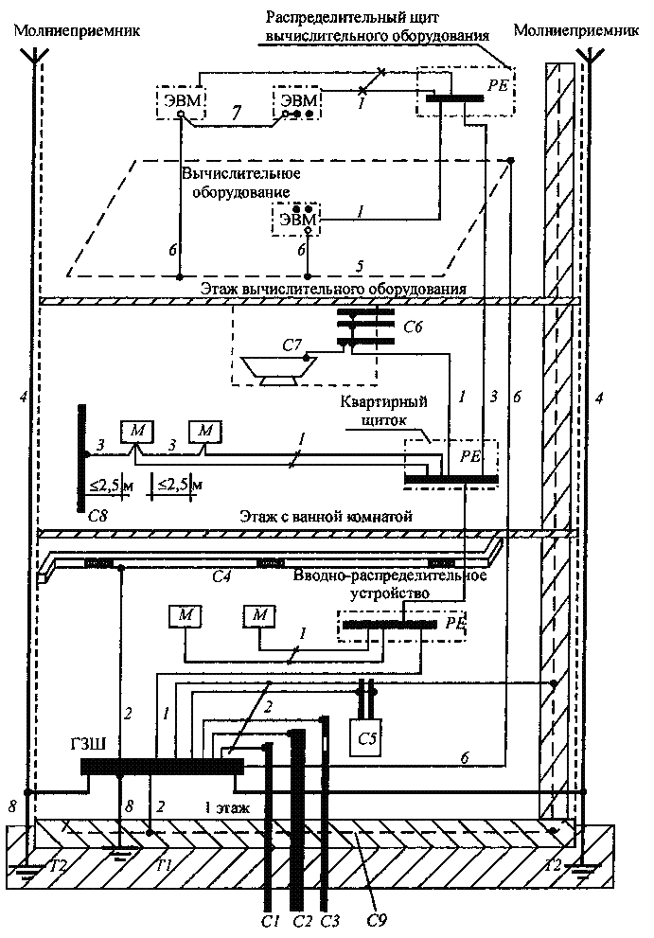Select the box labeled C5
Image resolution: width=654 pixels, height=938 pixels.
(x=366, y=737)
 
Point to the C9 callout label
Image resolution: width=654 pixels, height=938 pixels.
(x=380, y=921)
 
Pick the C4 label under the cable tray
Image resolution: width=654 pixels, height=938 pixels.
(x=222, y=577)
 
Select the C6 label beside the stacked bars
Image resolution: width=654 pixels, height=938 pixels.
(x=413, y=327)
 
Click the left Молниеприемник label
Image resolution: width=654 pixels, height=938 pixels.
(x=78, y=30)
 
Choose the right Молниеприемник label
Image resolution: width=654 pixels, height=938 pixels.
(x=576, y=30)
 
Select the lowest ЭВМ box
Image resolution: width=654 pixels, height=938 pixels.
(x=297, y=220)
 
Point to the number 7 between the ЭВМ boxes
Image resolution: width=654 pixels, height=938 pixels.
(x=237, y=113)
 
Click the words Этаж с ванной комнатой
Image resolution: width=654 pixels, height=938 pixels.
(x=326, y=516)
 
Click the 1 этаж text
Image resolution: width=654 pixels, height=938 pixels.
(x=227, y=808)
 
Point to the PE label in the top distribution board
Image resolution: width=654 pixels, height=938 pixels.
(x=497, y=85)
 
